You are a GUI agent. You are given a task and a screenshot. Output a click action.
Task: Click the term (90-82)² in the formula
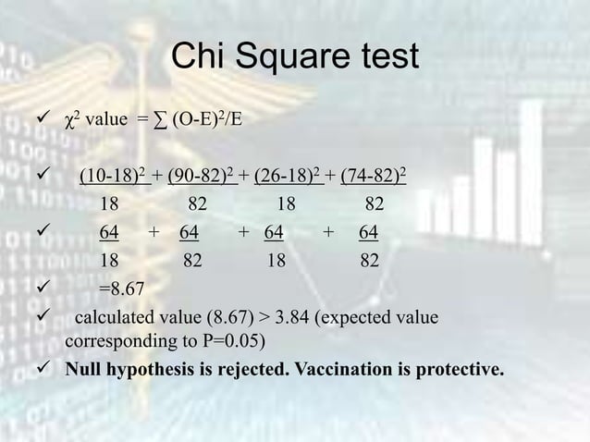[x=203, y=177]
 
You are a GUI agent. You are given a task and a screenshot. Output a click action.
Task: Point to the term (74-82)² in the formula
[x=377, y=177]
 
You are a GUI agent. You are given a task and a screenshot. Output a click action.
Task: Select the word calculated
[x=116, y=318]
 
